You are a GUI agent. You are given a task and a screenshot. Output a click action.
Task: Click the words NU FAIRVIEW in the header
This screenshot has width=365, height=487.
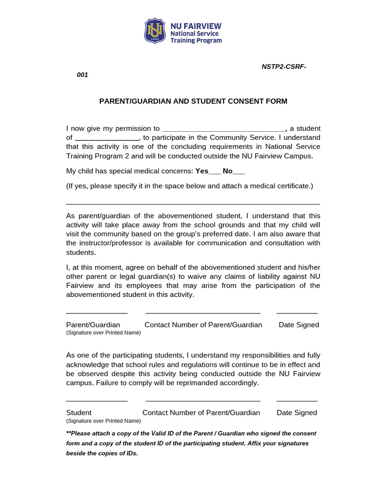click(x=196, y=26)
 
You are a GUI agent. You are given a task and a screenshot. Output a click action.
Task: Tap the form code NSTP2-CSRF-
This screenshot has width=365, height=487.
click(x=284, y=66)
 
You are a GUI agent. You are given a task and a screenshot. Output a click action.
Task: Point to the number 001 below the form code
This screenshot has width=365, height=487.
click(x=82, y=75)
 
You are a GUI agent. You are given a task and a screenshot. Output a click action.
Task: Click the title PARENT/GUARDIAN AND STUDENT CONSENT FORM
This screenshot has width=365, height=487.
click(x=193, y=101)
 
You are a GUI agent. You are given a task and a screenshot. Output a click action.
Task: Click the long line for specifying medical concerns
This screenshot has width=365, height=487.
click(x=193, y=204)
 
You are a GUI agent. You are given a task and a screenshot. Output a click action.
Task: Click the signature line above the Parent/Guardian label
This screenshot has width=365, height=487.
click(x=96, y=313)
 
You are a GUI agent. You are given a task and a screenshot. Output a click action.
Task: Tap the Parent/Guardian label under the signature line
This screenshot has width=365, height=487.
click(x=93, y=325)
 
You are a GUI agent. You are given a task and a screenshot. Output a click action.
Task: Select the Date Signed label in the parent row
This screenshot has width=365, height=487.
click(x=298, y=325)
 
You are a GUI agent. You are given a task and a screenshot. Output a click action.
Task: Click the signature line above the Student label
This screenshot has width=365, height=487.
click(x=96, y=401)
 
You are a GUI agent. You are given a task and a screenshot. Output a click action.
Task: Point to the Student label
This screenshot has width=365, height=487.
click(x=78, y=413)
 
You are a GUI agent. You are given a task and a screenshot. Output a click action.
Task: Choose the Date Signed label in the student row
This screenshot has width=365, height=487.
click(x=297, y=413)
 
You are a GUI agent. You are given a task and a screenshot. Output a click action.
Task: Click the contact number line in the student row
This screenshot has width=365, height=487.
click(x=203, y=401)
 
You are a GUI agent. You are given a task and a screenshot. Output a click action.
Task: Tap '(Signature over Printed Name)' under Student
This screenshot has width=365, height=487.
click(x=103, y=421)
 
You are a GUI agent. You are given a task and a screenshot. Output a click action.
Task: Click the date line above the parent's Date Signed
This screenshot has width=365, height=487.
click(x=297, y=313)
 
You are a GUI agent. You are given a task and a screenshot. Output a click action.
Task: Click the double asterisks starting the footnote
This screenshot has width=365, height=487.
click(x=68, y=434)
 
